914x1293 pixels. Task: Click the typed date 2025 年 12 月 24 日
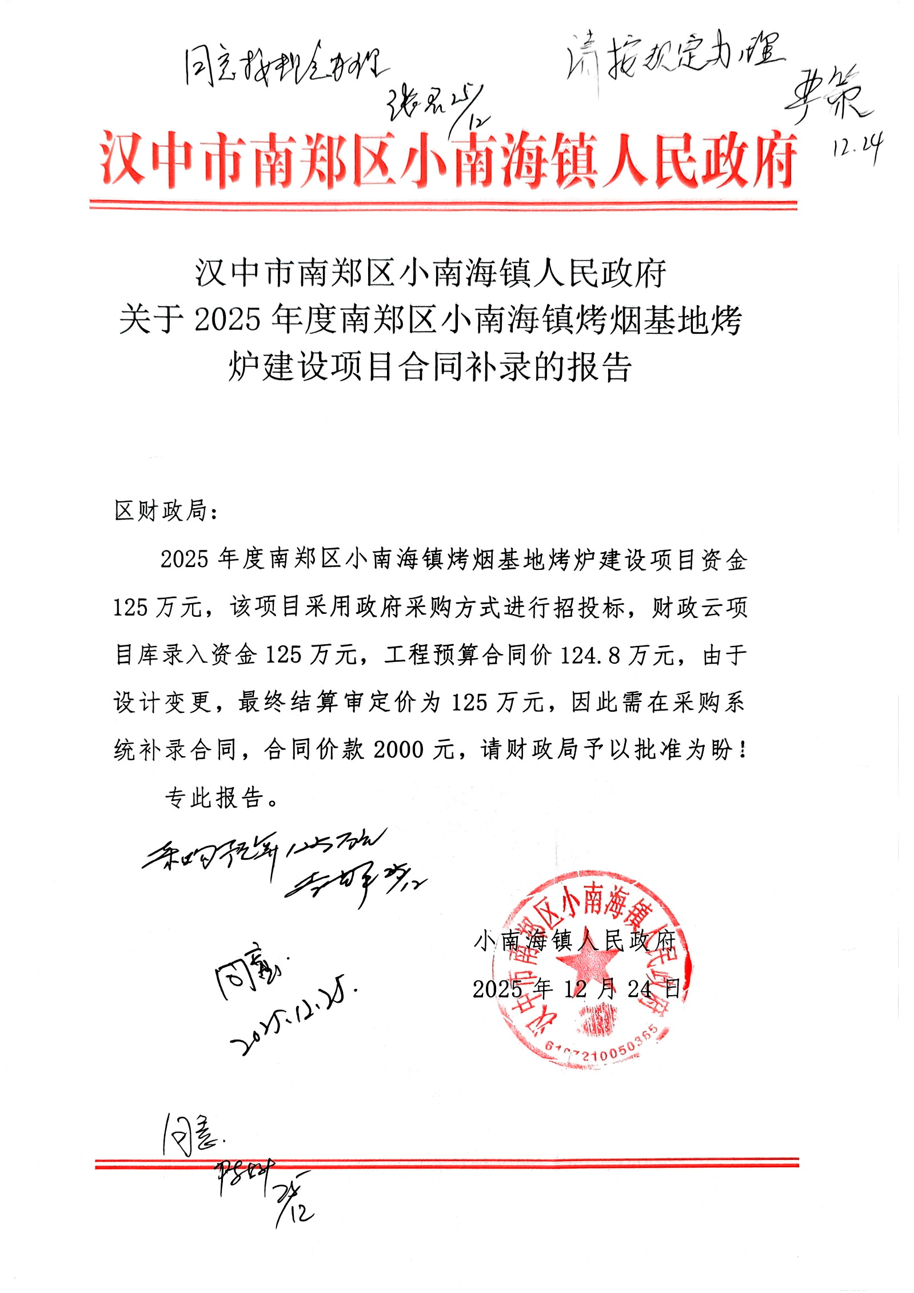(577, 989)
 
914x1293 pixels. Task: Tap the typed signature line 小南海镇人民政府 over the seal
(574, 940)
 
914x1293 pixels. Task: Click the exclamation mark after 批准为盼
(742, 750)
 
